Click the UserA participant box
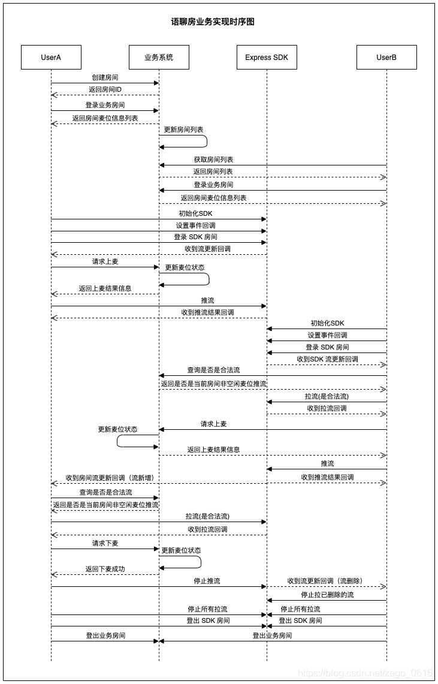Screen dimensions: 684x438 coord(51,58)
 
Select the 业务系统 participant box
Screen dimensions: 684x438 coord(159,58)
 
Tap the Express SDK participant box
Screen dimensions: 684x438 coord(267,58)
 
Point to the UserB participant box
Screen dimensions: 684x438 coord(386,58)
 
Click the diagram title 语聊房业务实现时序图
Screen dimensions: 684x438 coord(213,22)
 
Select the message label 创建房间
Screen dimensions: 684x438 coord(105,78)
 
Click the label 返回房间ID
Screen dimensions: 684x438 coord(105,90)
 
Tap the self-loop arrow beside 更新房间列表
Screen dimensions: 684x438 coord(206,141)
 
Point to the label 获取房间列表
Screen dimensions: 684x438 coord(213,160)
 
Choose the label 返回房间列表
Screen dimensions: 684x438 coord(213,171)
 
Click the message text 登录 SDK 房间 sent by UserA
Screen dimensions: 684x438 coord(196,237)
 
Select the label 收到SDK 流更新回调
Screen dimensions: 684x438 coord(327,359)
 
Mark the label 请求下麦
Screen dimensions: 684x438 coord(105,543)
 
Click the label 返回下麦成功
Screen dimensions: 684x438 coord(105,569)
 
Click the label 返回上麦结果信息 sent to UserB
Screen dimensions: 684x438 coord(213,450)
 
